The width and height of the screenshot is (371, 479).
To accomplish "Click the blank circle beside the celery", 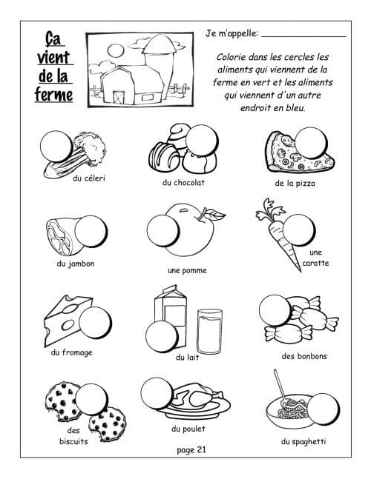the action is tap(56, 147).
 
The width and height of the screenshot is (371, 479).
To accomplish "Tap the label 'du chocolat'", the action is tap(183, 183).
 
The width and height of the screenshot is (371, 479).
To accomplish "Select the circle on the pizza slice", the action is tap(312, 143).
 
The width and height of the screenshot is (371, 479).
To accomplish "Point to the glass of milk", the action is tap(210, 332).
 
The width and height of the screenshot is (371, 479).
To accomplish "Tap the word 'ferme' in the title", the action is tap(54, 95).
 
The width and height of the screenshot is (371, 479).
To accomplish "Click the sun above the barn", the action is tap(116, 50).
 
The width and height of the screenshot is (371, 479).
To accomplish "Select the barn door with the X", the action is tap(119, 97).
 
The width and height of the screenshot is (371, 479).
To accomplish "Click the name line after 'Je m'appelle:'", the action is tap(303, 36).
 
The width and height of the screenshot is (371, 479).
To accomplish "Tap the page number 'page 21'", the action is tap(191, 450).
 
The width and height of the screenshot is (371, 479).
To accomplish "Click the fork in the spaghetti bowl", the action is tap(281, 388).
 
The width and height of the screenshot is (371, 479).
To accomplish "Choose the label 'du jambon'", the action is tap(76, 264).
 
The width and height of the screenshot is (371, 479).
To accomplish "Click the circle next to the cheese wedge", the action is tap(95, 322).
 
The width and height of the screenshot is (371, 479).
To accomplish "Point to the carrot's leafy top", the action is tap(269, 211).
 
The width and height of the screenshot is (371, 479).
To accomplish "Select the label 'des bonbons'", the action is tap(304, 356).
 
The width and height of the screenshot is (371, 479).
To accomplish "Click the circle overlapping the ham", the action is tap(91, 231).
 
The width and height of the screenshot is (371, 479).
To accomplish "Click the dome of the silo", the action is tap(159, 44).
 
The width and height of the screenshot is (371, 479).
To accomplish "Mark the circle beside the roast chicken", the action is tap(157, 394).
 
